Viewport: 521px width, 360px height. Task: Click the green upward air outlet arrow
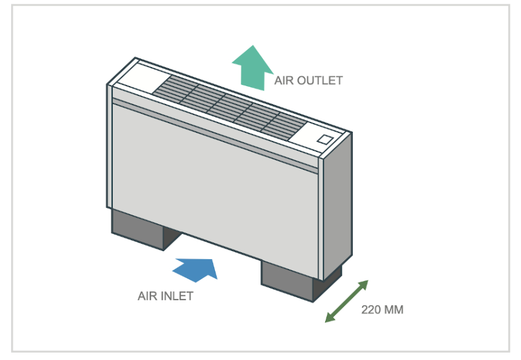[252, 66]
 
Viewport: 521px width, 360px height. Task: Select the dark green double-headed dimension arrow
[347, 301]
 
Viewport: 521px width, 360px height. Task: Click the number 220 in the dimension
[371, 310]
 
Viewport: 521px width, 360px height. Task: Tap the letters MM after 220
[394, 310]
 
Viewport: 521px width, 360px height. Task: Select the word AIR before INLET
[147, 296]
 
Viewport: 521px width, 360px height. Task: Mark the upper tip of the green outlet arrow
[252, 46]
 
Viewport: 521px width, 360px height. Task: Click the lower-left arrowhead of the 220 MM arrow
[328, 319]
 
